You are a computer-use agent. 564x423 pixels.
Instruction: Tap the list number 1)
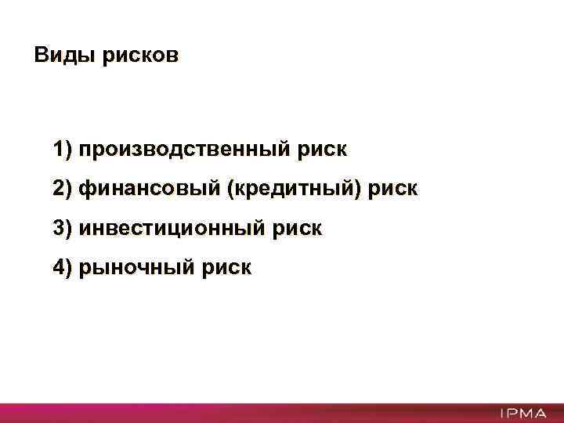63,149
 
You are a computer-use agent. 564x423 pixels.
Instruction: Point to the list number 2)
63,189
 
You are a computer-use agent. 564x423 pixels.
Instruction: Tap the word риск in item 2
394,189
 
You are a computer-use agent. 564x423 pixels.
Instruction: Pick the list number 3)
63,228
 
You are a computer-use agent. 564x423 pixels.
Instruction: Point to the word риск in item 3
298,228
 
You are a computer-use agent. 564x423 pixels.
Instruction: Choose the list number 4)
63,268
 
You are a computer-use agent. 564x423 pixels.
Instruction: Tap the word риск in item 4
227,268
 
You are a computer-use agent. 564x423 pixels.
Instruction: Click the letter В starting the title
41,56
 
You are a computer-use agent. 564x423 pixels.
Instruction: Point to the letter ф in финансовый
85,189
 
